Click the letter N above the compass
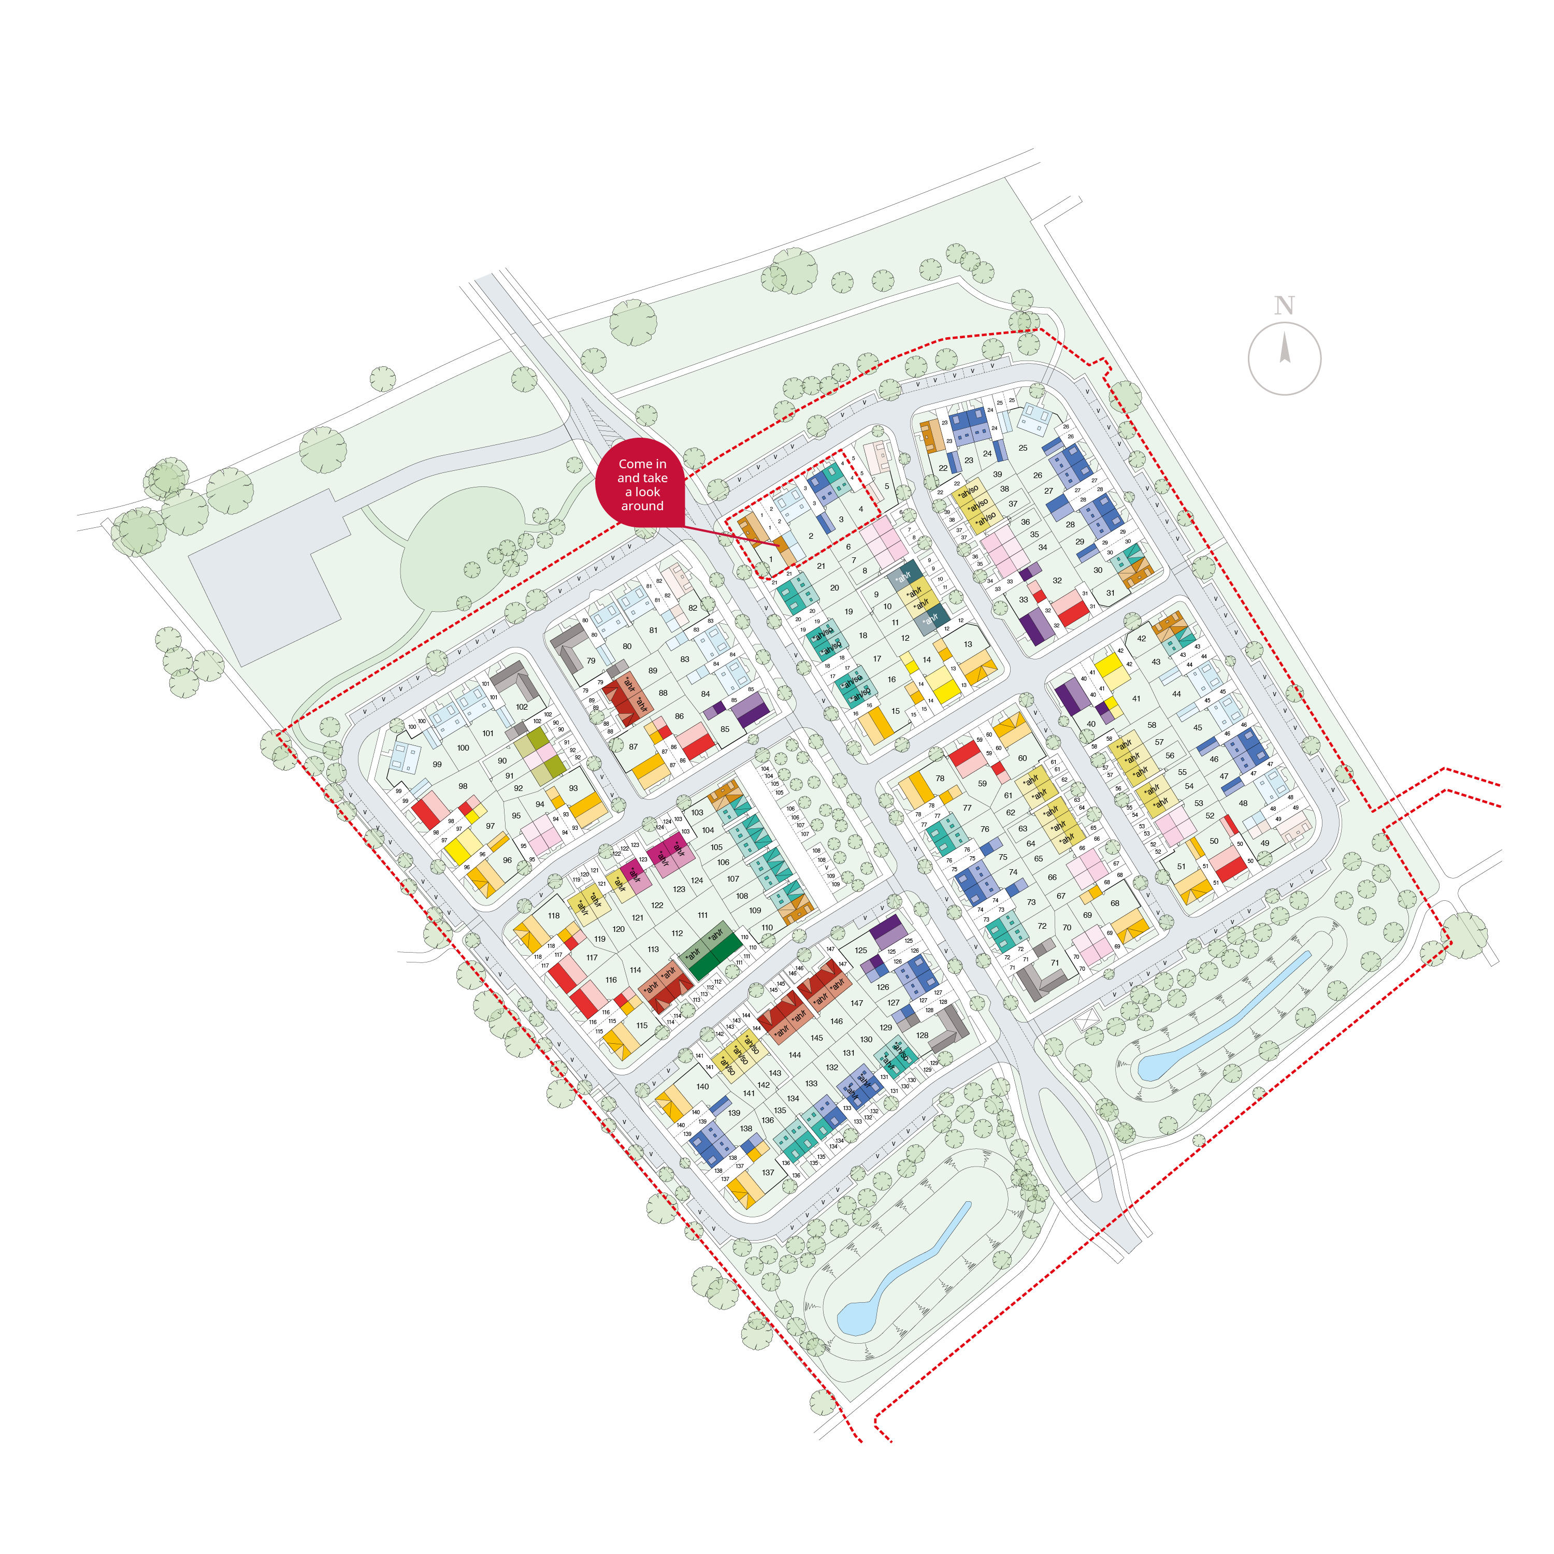click(1284, 306)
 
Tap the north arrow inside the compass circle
click(1285, 348)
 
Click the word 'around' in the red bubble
click(642, 506)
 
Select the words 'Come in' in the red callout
click(642, 464)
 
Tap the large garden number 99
click(437, 764)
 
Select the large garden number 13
click(968, 644)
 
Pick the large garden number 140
click(702, 1087)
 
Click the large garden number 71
click(1055, 963)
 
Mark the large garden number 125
click(860, 951)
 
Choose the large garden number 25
click(1023, 448)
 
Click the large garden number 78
click(940, 779)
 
